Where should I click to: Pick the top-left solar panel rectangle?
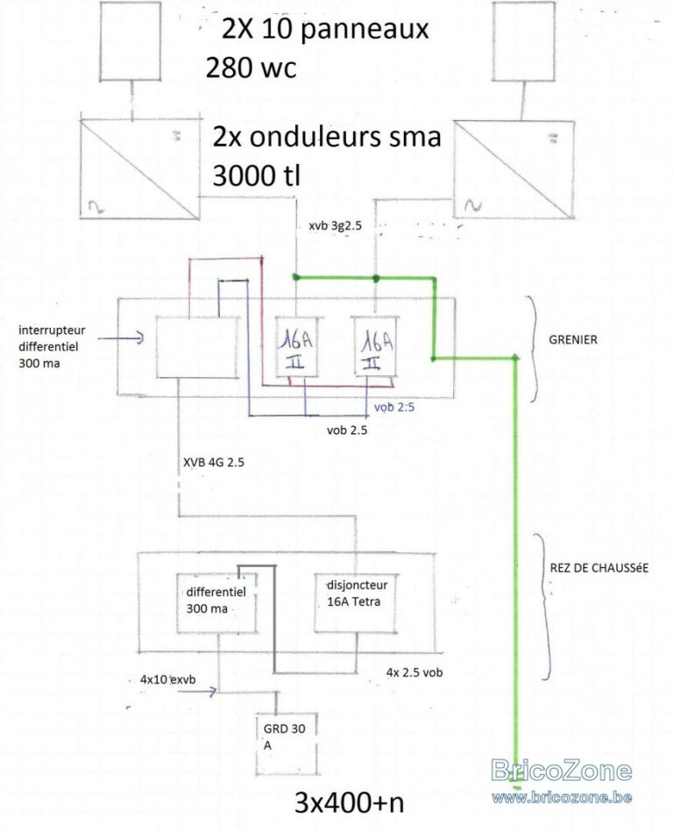(x=130, y=39)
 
